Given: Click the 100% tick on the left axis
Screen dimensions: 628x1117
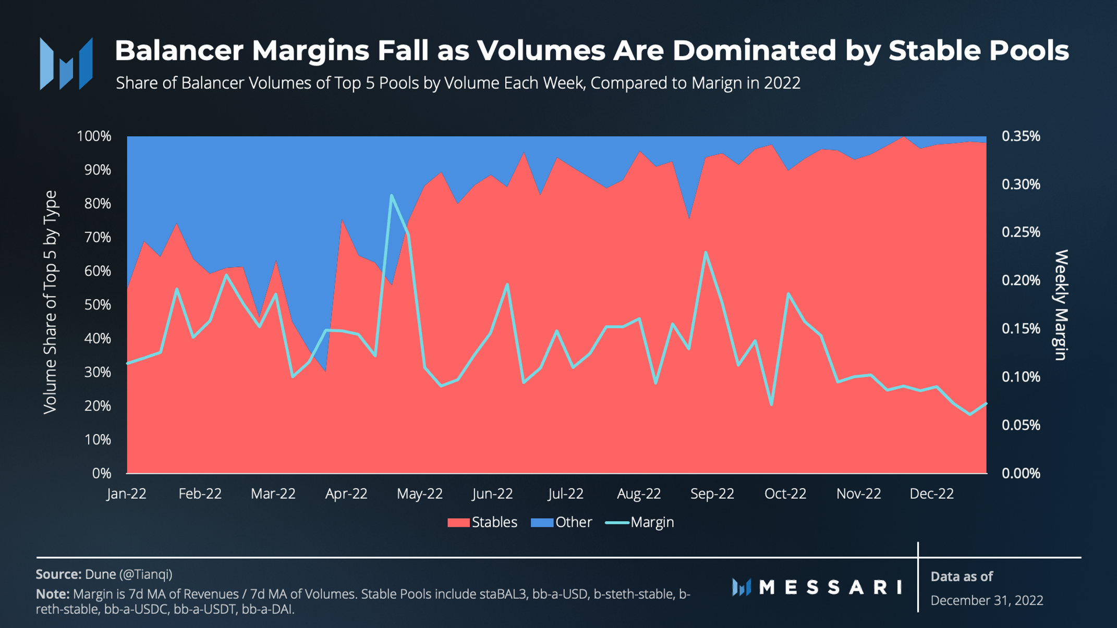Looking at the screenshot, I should (94, 137).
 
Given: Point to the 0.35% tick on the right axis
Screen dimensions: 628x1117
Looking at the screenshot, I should (1021, 137).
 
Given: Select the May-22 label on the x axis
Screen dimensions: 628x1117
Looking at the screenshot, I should (419, 494).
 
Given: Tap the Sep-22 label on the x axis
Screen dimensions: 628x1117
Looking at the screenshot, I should (712, 494).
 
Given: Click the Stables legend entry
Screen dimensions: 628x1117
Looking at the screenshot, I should (483, 522).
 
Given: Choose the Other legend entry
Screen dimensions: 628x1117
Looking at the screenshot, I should (562, 522).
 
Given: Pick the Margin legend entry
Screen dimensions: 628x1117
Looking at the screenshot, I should (640, 522).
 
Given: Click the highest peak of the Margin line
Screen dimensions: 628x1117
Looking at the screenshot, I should (391, 195).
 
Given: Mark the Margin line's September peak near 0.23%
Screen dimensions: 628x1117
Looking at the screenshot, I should (706, 252).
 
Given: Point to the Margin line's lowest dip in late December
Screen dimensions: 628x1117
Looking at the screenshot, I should (969, 414).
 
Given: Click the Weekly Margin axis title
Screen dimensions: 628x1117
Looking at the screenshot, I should (1061, 305).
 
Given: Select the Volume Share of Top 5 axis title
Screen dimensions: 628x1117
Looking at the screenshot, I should (50, 302).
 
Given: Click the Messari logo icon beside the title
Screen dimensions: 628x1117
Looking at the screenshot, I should (66, 64).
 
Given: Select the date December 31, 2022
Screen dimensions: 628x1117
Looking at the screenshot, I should (987, 600).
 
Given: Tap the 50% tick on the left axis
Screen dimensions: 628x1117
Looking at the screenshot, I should (98, 305).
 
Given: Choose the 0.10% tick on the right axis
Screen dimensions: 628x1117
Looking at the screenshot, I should (1021, 377).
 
